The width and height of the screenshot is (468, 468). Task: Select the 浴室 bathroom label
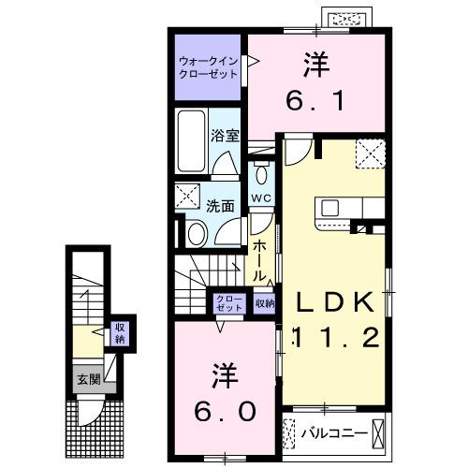click(227, 135)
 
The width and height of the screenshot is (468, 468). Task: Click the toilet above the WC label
click(261, 174)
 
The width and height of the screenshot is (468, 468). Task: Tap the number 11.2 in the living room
click(337, 337)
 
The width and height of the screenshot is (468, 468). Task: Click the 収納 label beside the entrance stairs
click(119, 332)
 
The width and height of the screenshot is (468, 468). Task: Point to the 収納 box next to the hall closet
click(264, 302)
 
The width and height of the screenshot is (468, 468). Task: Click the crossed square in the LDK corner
click(371, 152)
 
